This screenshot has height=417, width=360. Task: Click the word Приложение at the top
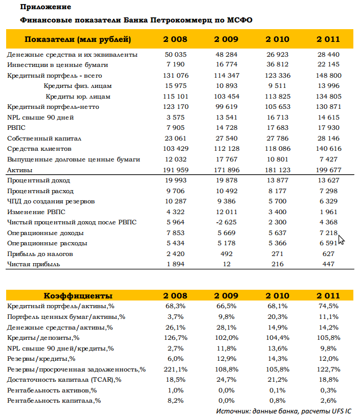tap(46, 7)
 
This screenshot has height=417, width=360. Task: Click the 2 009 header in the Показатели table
tap(226, 39)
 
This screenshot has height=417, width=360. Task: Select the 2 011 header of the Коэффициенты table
tap(328, 295)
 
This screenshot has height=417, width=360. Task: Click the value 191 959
tap(175, 170)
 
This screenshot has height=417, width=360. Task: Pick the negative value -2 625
tap(227, 222)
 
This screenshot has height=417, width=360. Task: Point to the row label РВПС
tap(16, 128)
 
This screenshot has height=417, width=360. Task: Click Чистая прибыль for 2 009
tap(227, 264)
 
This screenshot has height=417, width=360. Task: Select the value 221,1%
tap(175, 369)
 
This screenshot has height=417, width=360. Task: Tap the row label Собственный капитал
tap(44, 138)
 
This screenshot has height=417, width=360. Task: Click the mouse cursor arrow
tap(342, 240)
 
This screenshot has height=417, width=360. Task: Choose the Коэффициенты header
tap(78, 295)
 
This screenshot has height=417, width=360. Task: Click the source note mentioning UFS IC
tap(284, 411)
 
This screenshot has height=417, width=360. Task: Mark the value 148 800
tap(329, 76)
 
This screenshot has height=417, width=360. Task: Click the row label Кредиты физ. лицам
tap(78, 86)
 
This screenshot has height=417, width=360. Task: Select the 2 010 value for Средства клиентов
tap(278, 149)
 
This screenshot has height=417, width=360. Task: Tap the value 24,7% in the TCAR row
tap(227, 380)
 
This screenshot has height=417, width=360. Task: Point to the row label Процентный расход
tap(40, 191)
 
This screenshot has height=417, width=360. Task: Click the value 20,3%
tap(278, 317)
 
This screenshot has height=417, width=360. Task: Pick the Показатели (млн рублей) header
tap(78, 39)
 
